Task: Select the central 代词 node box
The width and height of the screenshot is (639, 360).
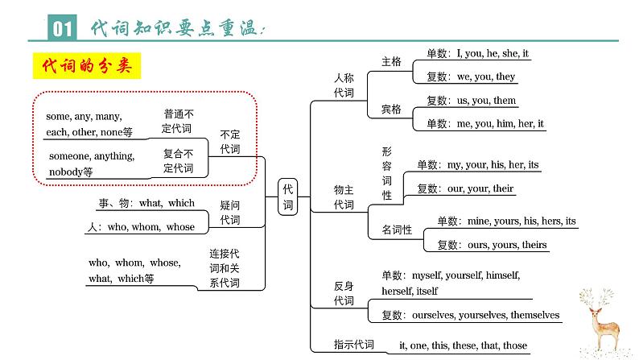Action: pyautogui.click(x=288, y=197)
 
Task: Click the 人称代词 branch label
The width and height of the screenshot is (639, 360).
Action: pyautogui.click(x=344, y=85)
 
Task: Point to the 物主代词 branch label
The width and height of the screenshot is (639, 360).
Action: pyautogui.click(x=344, y=197)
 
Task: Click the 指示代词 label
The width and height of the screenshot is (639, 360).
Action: pyautogui.click(x=353, y=345)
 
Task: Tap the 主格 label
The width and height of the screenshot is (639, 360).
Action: pyautogui.click(x=390, y=60)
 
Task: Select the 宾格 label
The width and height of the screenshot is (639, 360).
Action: pyautogui.click(x=390, y=109)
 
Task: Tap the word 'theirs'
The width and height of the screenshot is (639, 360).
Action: pyautogui.click(x=530, y=245)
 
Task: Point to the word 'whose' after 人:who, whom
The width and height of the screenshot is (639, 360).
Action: pyautogui.click(x=180, y=227)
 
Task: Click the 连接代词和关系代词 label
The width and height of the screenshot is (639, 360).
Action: pyautogui.click(x=225, y=267)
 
